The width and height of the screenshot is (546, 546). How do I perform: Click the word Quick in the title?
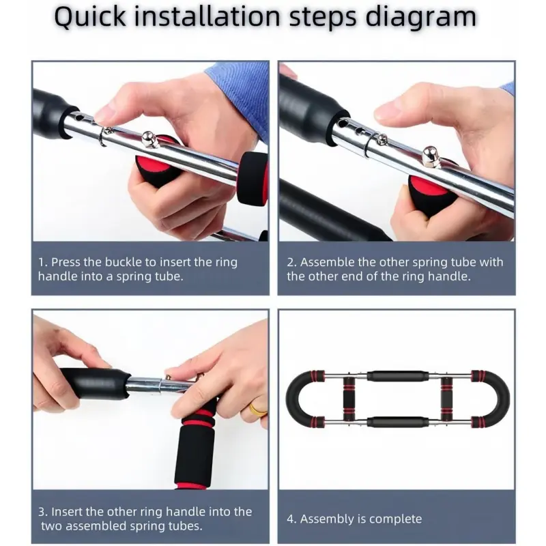(90, 18)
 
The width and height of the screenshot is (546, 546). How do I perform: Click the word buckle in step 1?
(124, 262)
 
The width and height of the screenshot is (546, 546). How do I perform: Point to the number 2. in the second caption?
(292, 262)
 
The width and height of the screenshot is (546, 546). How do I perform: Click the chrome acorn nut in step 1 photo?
(149, 139)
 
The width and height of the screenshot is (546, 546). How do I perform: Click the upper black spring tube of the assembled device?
(398, 377)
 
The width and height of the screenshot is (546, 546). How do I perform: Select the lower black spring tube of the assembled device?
(398, 422)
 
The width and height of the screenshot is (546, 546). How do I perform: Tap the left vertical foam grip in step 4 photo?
(349, 399)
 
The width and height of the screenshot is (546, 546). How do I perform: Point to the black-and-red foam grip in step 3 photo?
(194, 446)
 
